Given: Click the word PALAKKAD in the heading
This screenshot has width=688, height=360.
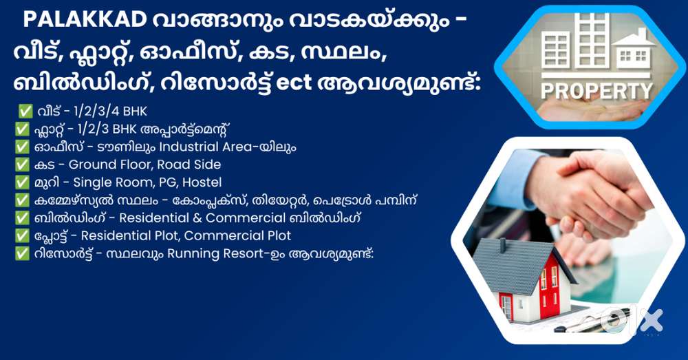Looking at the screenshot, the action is (x=85, y=19).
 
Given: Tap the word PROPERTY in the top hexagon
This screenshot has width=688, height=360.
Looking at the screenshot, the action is (x=596, y=91).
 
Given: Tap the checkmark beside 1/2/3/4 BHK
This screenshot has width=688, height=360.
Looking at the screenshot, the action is (x=25, y=111).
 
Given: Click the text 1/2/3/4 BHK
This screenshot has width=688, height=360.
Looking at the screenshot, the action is (x=110, y=111).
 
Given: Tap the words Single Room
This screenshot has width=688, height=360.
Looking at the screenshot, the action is (x=109, y=182).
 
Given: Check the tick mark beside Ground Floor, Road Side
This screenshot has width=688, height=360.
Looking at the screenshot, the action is (x=22, y=165).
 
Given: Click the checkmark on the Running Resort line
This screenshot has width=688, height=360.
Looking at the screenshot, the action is (x=22, y=254).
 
